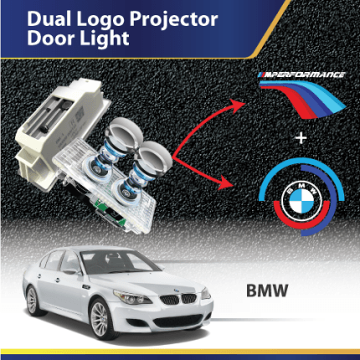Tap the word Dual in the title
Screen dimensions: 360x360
pos(49,18)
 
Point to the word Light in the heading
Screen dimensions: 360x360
pos(104,38)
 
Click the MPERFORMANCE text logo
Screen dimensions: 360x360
pos(301,75)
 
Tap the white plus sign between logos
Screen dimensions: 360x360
pos(301,138)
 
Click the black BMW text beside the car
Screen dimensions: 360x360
pos(267,291)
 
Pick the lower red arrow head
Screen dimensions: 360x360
pos(226,182)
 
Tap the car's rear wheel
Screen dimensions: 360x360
pos(32,301)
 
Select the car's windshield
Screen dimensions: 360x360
pos(119,262)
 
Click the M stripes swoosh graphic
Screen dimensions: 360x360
pos(303,99)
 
